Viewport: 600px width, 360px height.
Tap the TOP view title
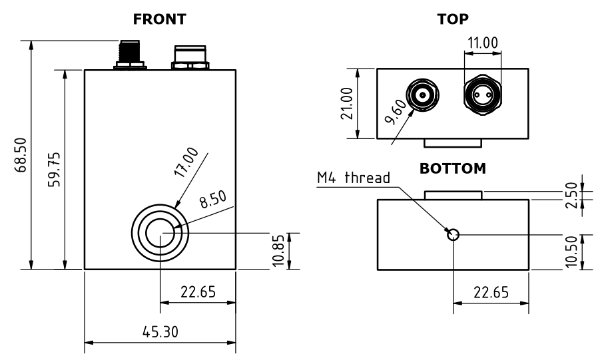pyautogui.click(x=453, y=19)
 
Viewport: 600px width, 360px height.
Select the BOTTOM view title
pyautogui.click(x=453, y=169)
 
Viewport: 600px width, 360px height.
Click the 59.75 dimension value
pyautogui.click(x=55, y=170)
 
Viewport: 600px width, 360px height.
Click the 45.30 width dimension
pyautogui.click(x=159, y=331)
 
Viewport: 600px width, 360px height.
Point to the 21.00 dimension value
pyautogui.click(x=347, y=103)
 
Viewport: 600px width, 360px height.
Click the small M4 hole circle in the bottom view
pyautogui.click(x=453, y=234)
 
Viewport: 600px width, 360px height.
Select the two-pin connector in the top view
pyautogui.click(x=483, y=96)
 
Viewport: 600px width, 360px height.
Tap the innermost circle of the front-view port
pyautogui.click(x=160, y=233)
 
